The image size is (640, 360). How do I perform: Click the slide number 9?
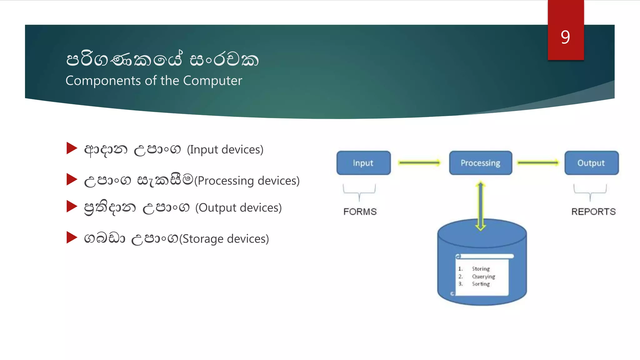(x=565, y=37)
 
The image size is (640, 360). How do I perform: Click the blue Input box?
(x=363, y=163)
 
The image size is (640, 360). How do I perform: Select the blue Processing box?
(x=480, y=163)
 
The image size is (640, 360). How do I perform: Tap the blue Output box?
(x=591, y=163)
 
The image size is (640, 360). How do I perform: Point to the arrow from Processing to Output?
(x=538, y=162)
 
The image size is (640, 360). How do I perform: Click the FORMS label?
(x=360, y=212)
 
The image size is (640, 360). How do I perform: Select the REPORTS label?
(x=593, y=212)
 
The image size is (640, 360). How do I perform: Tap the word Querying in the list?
(x=483, y=277)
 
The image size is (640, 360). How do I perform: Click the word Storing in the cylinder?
(x=481, y=269)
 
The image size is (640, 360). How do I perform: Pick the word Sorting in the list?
(x=481, y=284)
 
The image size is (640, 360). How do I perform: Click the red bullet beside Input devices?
(x=72, y=148)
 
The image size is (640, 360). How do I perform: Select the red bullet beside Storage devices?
(x=72, y=237)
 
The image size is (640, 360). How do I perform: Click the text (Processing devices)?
(x=247, y=181)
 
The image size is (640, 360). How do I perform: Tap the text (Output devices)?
(x=238, y=207)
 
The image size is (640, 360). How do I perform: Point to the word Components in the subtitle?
(x=103, y=81)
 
